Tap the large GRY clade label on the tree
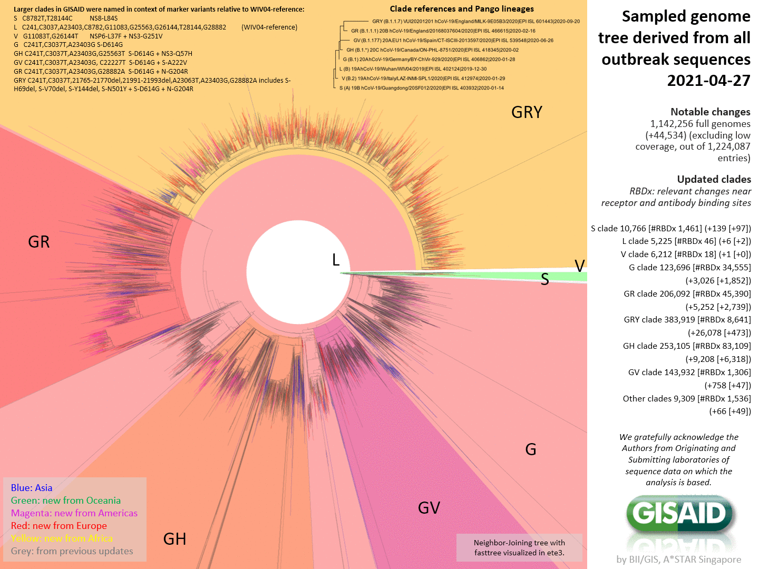pyautogui.click(x=527, y=112)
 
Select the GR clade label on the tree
pyautogui.click(x=39, y=242)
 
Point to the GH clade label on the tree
pyautogui.click(x=174, y=539)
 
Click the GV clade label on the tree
pyautogui.click(x=429, y=508)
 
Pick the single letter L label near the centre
pyautogui.click(x=336, y=260)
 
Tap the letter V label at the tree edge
pyautogui.click(x=579, y=266)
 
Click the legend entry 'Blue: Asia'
pyautogui.click(x=32, y=488)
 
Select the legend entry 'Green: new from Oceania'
pyautogui.click(x=66, y=501)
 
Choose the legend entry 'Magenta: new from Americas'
pyautogui.click(x=74, y=513)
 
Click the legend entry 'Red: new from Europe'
pyautogui.click(x=59, y=526)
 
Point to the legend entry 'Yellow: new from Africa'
pyautogui.click(x=62, y=538)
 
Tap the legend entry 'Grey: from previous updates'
pyautogui.click(x=72, y=551)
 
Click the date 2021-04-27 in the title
pyautogui.click(x=708, y=81)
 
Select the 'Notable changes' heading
pyautogui.click(x=710, y=112)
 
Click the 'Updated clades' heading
pyautogui.click(x=714, y=179)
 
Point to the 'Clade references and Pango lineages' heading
pyautogui.click(x=462, y=9)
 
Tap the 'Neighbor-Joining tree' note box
pyautogui.click(x=519, y=548)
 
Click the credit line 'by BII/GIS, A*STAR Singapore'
pyautogui.click(x=678, y=560)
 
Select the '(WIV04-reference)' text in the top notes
pyautogui.click(x=269, y=27)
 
